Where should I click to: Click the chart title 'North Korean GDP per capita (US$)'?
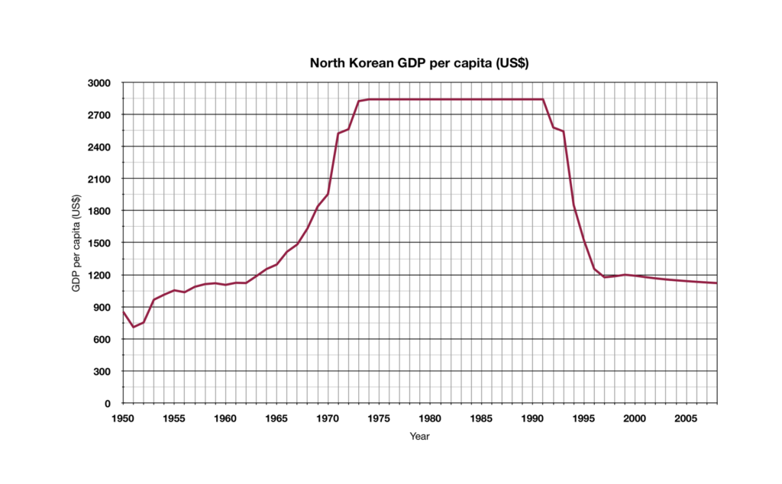(418, 63)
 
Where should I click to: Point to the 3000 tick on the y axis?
(101, 82)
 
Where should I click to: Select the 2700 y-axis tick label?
(101, 115)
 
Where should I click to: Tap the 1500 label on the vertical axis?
(101, 243)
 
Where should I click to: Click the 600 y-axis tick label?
(104, 339)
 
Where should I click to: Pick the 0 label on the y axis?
(108, 403)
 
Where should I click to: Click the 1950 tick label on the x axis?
(122, 418)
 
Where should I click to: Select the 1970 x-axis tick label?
(328, 418)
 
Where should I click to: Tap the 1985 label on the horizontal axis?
(481, 418)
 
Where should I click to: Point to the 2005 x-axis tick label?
(686, 418)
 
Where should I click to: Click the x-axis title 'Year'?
(419, 437)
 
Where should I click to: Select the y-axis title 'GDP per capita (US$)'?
(76, 243)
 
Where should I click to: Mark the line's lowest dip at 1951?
(133, 327)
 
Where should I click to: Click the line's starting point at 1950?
(123, 311)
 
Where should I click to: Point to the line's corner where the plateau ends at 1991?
(543, 99)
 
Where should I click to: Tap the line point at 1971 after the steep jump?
(338, 134)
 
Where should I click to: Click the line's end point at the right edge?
(716, 283)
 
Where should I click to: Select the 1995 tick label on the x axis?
(583, 418)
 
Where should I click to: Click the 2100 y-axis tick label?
(101, 179)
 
